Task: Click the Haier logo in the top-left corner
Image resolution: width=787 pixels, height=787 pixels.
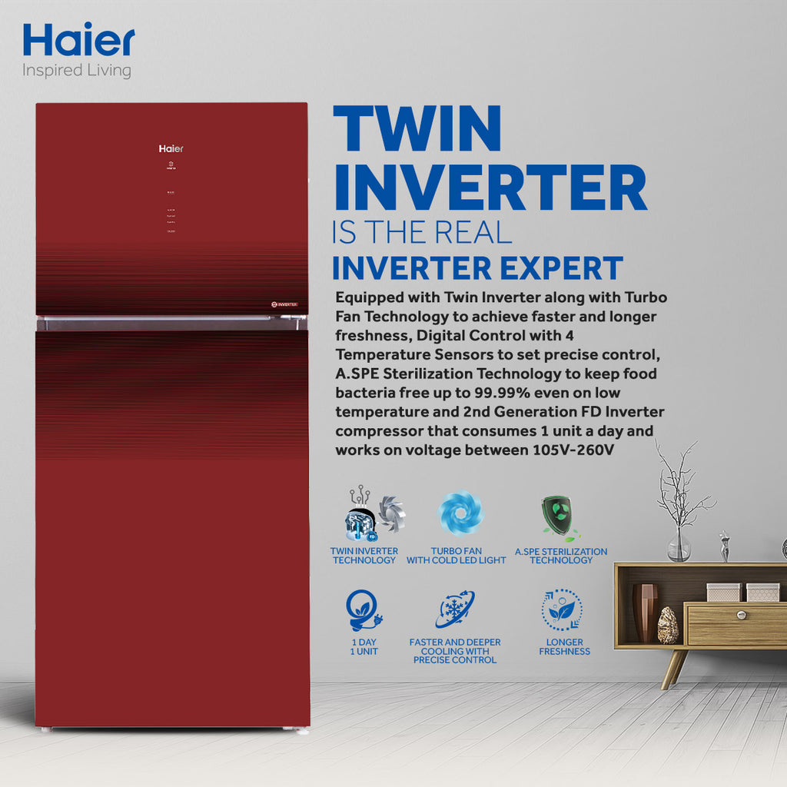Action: [x=78, y=40]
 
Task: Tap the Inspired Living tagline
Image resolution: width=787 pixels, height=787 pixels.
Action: [x=77, y=71]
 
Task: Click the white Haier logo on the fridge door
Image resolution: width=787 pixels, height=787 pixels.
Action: [x=171, y=148]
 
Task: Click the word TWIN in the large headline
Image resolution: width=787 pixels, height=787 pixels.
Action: [x=417, y=128]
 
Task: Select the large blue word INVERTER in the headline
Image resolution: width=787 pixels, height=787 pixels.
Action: [x=489, y=188]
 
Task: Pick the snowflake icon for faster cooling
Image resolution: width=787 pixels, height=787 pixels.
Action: [x=455, y=609]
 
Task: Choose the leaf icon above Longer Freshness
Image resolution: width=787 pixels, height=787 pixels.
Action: [x=562, y=609]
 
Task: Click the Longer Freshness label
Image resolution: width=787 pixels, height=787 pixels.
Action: [x=564, y=646]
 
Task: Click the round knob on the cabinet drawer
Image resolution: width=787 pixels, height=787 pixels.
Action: [x=742, y=614]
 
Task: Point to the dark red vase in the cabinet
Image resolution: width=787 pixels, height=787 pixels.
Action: [x=644, y=612]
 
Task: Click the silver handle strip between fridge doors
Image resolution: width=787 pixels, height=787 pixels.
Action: [x=171, y=324]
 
